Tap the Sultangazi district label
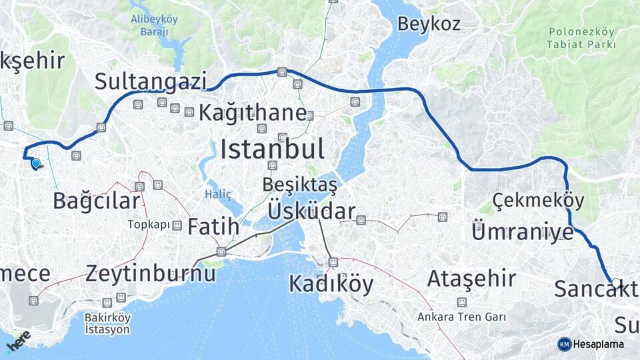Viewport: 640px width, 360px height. tap(150, 81)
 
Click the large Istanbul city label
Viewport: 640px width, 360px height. tap(273, 148)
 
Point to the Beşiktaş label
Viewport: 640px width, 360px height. tap(299, 183)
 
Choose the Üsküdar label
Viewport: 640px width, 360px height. tap(311, 211)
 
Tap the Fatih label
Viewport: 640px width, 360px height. tap(213, 226)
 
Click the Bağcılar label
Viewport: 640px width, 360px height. tap(97, 200)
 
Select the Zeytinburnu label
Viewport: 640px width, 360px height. tap(150, 273)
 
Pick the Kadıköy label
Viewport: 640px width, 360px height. tap(331, 284)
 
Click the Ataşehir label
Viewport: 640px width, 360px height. tap(471, 277)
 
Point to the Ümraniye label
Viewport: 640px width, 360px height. tap(522, 232)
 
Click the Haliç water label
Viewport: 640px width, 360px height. tap(219, 194)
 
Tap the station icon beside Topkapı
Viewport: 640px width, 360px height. tap(177, 225)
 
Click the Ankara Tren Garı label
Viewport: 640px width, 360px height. tap(461, 317)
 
